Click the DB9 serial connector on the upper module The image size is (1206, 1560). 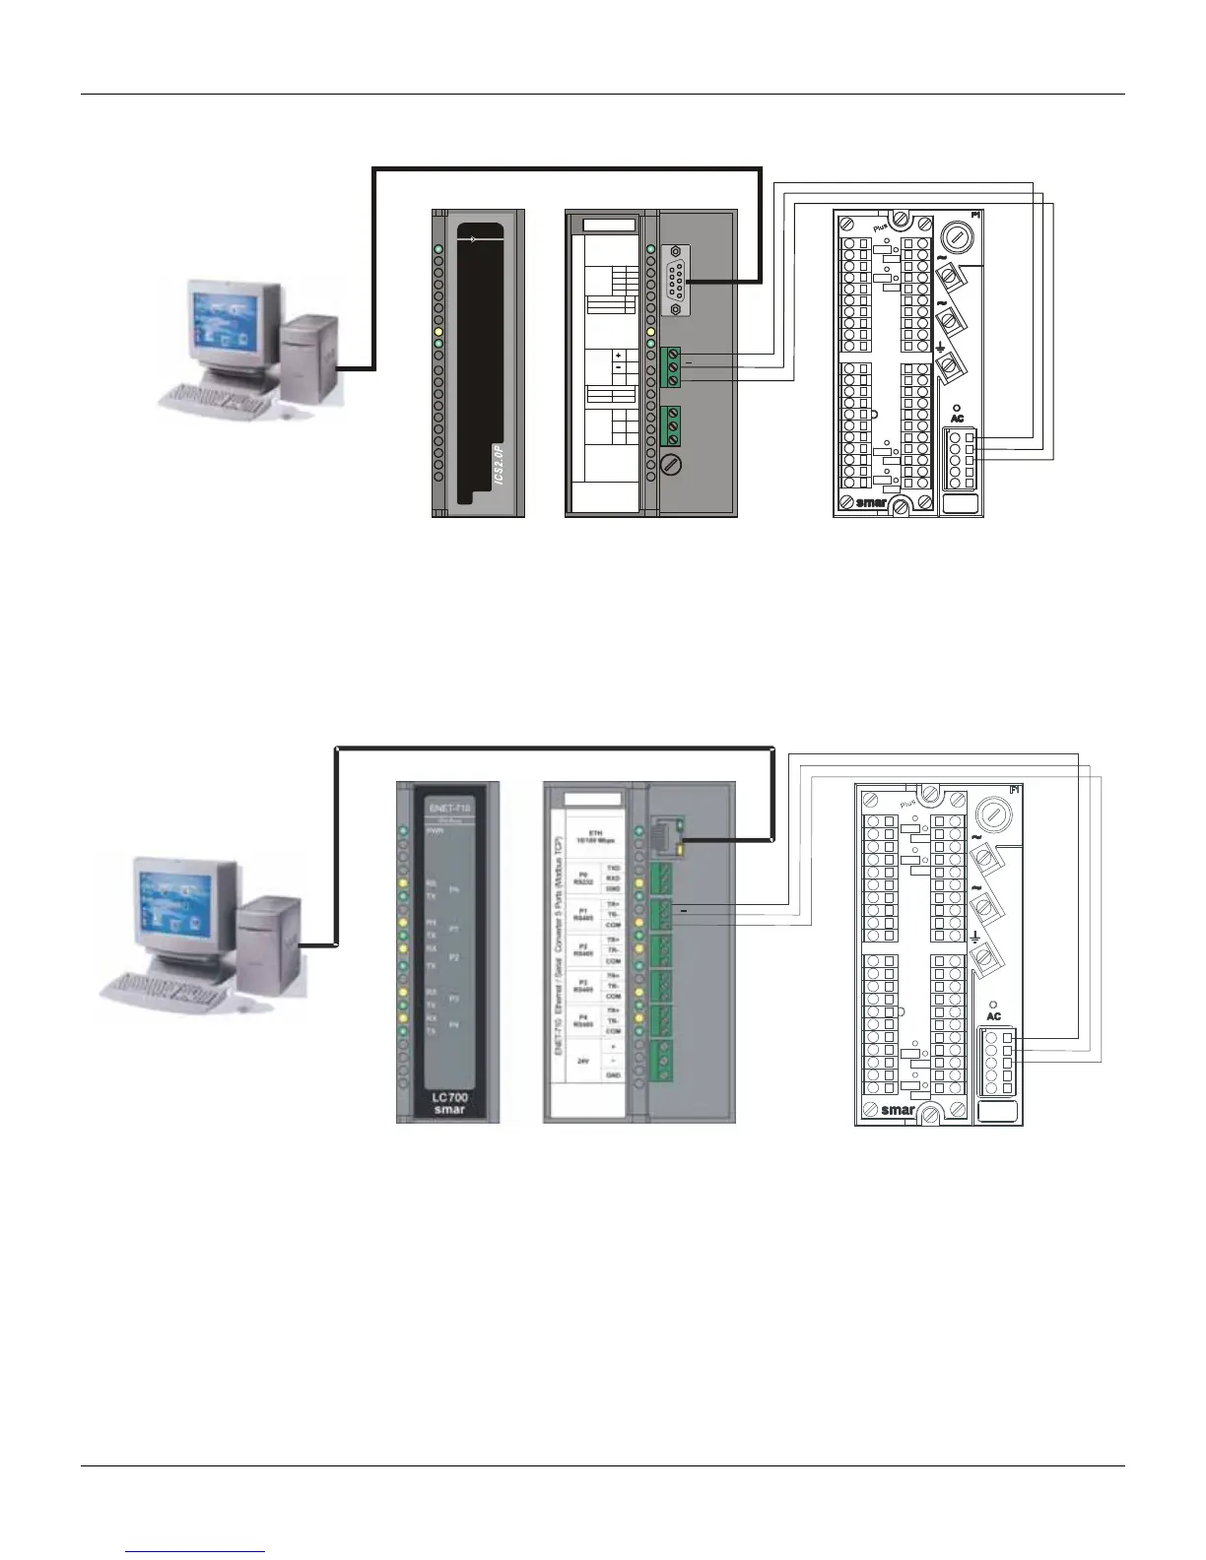(675, 281)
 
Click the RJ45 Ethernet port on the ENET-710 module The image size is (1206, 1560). (665, 837)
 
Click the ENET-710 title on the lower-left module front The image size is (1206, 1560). (449, 808)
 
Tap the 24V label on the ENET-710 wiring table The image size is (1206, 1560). (583, 1061)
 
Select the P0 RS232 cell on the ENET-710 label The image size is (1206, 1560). (583, 877)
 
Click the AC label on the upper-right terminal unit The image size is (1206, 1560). (957, 419)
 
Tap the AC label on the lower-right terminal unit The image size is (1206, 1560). (993, 1015)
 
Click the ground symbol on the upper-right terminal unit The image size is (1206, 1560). (941, 348)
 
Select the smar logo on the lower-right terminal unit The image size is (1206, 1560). (898, 1110)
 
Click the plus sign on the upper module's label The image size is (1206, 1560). (619, 356)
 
